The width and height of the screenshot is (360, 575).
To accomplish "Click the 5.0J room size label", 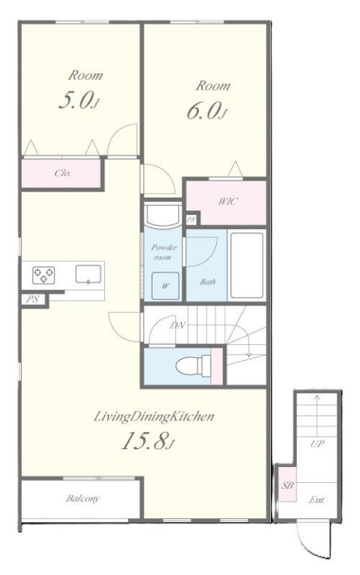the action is click(x=79, y=100).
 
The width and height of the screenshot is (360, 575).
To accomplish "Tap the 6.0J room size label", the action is click(x=206, y=111).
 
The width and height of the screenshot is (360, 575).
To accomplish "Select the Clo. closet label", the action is click(x=63, y=173).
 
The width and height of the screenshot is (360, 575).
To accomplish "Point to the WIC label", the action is click(x=228, y=201).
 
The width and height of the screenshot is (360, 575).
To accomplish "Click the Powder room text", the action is click(x=163, y=252).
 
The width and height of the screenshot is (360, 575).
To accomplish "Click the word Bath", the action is click(x=207, y=282).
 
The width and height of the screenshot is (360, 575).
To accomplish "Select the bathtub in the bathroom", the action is click(x=247, y=265).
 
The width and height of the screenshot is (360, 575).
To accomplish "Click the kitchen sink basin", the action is click(x=88, y=274).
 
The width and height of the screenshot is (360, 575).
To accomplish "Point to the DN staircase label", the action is click(x=178, y=325).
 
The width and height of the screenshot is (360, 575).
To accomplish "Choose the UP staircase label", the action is click(x=317, y=444).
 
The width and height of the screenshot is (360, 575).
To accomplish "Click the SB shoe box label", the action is click(x=287, y=485).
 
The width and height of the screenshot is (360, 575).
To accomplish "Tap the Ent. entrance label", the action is click(x=317, y=500).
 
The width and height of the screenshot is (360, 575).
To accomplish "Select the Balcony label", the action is click(x=83, y=499).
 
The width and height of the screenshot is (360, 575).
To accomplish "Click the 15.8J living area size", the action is click(x=147, y=441).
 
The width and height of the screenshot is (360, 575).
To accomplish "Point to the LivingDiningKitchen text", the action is click(x=154, y=416).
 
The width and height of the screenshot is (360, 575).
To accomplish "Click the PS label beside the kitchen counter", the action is click(x=32, y=299).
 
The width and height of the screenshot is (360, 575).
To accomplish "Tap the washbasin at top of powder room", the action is click(x=162, y=214).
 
